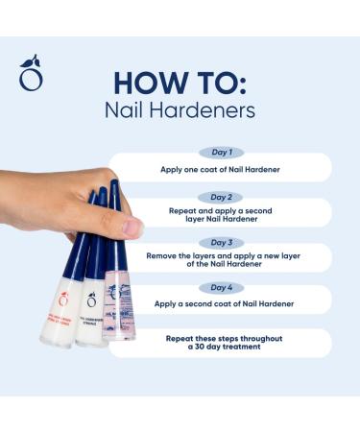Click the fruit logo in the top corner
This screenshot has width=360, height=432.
coord(31,73)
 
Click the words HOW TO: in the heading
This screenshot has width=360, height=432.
coord(180,81)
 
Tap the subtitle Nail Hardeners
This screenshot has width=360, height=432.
coord(180,110)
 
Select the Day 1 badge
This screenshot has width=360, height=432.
coord(222,152)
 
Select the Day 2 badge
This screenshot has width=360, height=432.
coord(222,197)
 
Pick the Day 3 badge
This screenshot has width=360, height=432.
coord(222,242)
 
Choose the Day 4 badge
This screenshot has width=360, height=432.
coord(222,286)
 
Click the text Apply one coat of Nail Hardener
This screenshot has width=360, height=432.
coord(222,169)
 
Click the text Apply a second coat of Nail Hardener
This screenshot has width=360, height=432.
coord(222,304)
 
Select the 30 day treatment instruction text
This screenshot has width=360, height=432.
coord(222,344)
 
